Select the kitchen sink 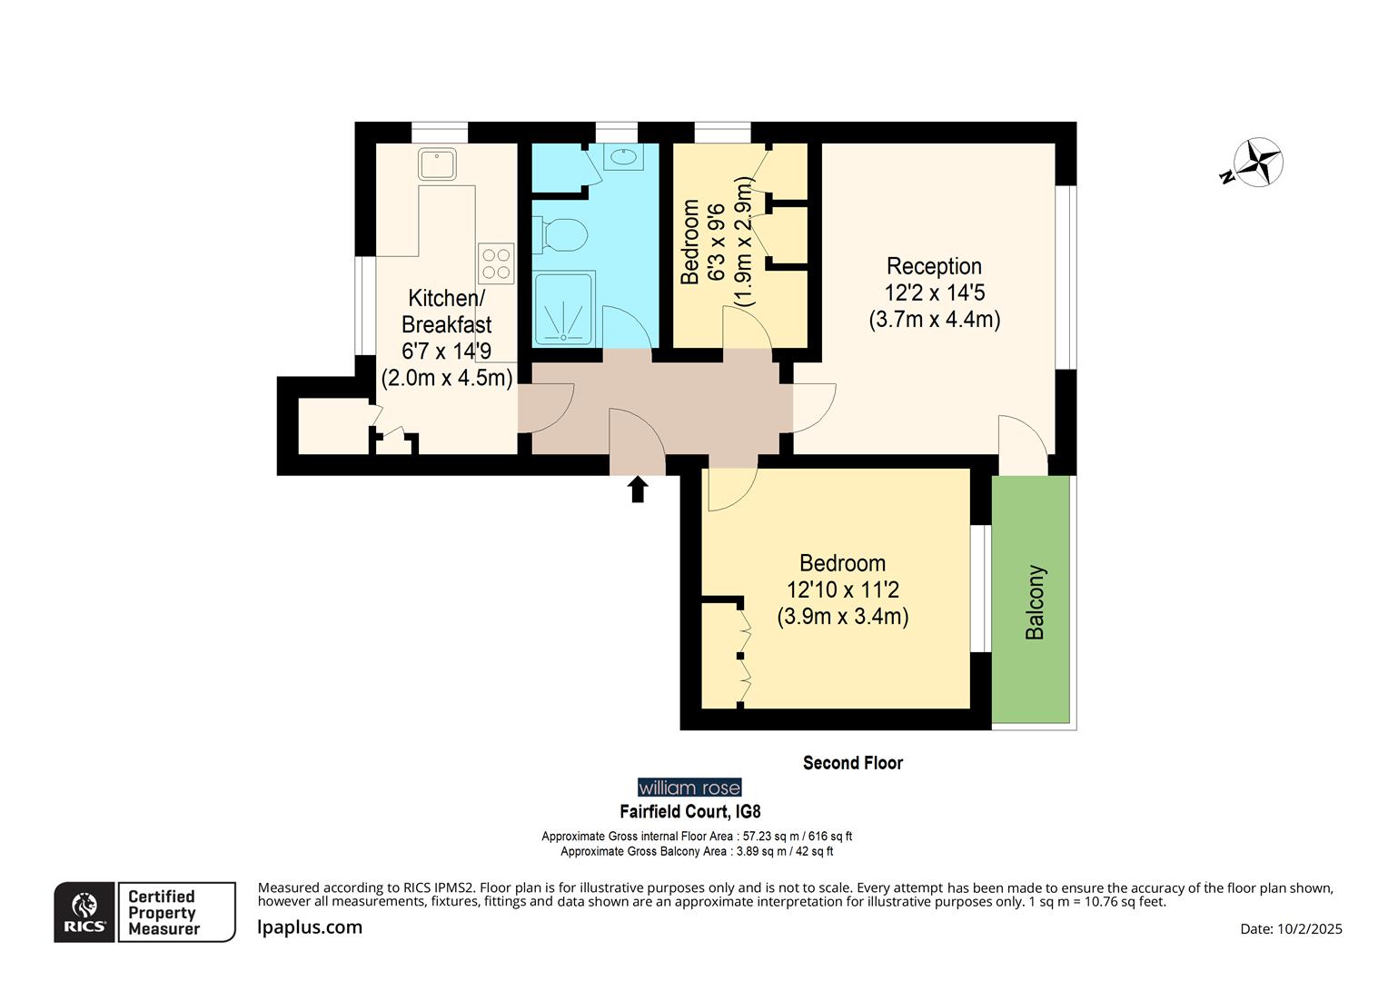[437, 164]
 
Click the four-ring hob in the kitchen [497, 263]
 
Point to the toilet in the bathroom [561, 234]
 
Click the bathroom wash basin [623, 157]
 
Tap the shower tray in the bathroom [564, 309]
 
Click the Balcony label [1036, 602]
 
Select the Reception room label [934, 266]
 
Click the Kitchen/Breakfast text [446, 311]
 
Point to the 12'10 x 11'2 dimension [843, 590]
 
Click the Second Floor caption [852, 763]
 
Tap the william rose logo [689, 788]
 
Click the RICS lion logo [84, 911]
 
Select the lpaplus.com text [310, 927]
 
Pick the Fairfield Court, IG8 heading [689, 811]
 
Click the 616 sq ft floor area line [697, 837]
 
